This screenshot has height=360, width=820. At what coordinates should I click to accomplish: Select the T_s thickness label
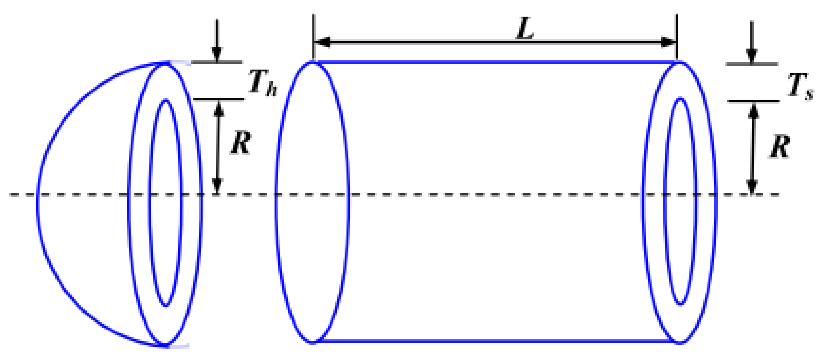click(800, 86)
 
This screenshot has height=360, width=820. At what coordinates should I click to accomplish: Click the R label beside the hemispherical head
click(241, 143)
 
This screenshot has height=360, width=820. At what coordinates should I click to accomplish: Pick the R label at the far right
click(780, 146)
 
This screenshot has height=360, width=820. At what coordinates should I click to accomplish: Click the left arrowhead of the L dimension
click(321, 42)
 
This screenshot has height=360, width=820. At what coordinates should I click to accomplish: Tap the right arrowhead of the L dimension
click(669, 42)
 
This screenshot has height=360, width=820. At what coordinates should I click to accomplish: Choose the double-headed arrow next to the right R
click(753, 148)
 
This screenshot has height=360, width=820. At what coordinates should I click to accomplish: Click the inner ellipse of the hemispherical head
click(150, 202)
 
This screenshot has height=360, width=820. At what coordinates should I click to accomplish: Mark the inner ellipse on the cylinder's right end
click(665, 202)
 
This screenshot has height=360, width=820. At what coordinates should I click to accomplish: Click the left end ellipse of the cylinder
click(276, 202)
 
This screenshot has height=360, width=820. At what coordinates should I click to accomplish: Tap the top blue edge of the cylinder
click(495, 62)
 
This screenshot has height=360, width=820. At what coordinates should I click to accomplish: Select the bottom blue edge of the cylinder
click(495, 341)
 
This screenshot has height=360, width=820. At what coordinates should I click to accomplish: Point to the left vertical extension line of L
click(314, 34)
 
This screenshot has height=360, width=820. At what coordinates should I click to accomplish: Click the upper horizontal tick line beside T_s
click(752, 64)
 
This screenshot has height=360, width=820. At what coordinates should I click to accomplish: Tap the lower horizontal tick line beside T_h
click(219, 99)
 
